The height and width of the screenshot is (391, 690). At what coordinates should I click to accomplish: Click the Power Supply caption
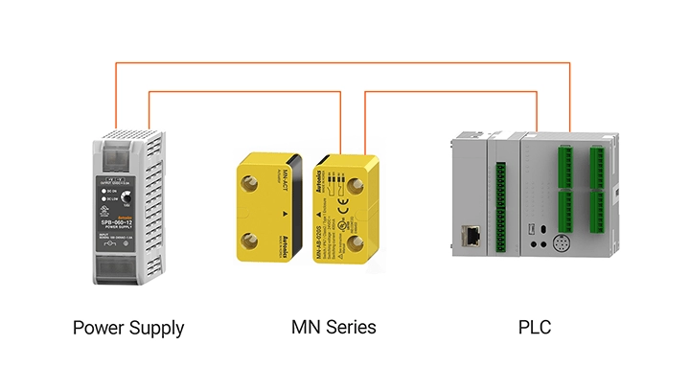tap(128, 329)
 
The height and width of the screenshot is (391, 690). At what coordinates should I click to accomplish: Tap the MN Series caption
tap(333, 328)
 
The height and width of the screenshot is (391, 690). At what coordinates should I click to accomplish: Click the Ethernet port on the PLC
tap(471, 235)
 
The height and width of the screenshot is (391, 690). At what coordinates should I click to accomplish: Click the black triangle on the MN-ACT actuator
tap(285, 208)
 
